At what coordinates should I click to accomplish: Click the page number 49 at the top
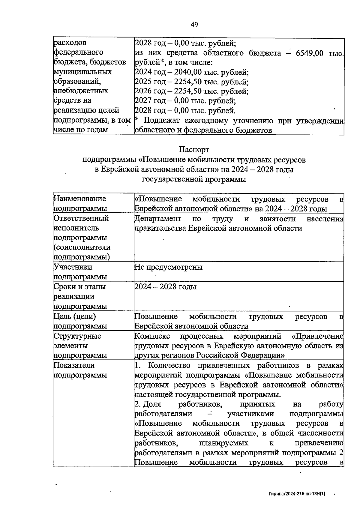point(194,25)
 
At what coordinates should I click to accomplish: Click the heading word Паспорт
point(194,149)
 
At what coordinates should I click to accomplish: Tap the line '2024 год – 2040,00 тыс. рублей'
point(192,72)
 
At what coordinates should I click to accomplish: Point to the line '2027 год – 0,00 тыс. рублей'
point(185,101)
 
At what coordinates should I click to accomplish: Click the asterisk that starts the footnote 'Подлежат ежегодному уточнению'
point(137,120)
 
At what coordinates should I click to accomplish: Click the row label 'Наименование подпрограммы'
point(80,203)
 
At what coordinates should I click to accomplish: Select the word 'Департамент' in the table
point(158,219)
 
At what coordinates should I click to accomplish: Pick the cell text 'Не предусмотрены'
point(169,267)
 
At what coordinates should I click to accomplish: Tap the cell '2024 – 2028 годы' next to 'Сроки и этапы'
point(166,287)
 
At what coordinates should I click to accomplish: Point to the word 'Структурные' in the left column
point(77,336)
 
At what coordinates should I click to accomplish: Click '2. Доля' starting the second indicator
point(148,404)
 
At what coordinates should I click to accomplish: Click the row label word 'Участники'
point(73,267)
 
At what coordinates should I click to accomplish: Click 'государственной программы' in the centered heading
point(194,179)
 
